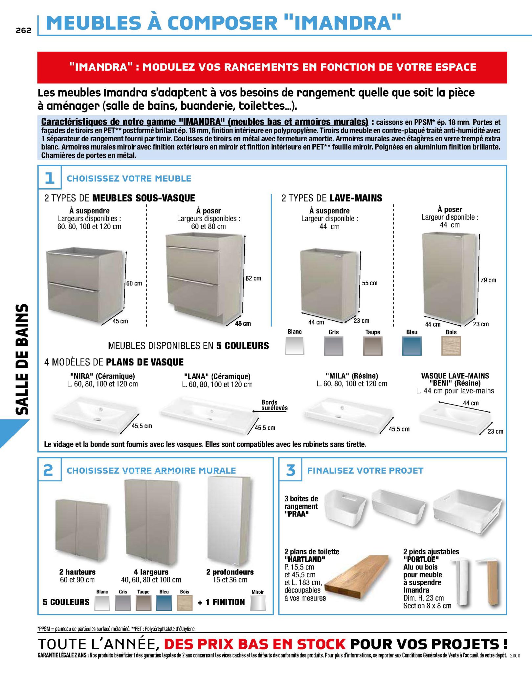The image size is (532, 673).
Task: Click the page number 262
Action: (x=23, y=30)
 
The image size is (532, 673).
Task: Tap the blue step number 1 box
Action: (x=50, y=178)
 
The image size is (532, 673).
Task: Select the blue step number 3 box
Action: (x=290, y=470)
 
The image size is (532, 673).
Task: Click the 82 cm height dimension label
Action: (x=254, y=278)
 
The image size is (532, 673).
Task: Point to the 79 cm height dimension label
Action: (x=488, y=280)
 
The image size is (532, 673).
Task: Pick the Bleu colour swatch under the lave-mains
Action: (x=412, y=346)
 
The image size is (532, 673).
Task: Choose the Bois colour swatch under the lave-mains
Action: (x=451, y=346)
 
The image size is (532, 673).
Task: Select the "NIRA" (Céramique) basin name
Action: (x=102, y=376)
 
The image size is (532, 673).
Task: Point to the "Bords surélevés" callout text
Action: (x=274, y=405)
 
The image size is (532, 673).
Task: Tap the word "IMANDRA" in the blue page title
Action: (x=341, y=23)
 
